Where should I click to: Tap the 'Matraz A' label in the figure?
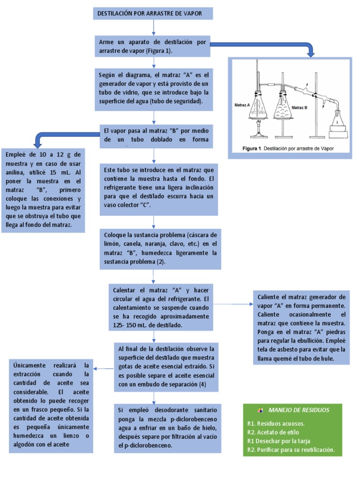242,106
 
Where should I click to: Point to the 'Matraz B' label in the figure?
300,108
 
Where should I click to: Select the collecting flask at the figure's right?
337,122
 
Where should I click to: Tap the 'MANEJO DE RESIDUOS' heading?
299,410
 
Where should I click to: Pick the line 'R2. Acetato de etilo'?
273,432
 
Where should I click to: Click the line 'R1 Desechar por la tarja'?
278,441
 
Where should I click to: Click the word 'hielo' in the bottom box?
207,427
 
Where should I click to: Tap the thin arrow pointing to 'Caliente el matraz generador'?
234,304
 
